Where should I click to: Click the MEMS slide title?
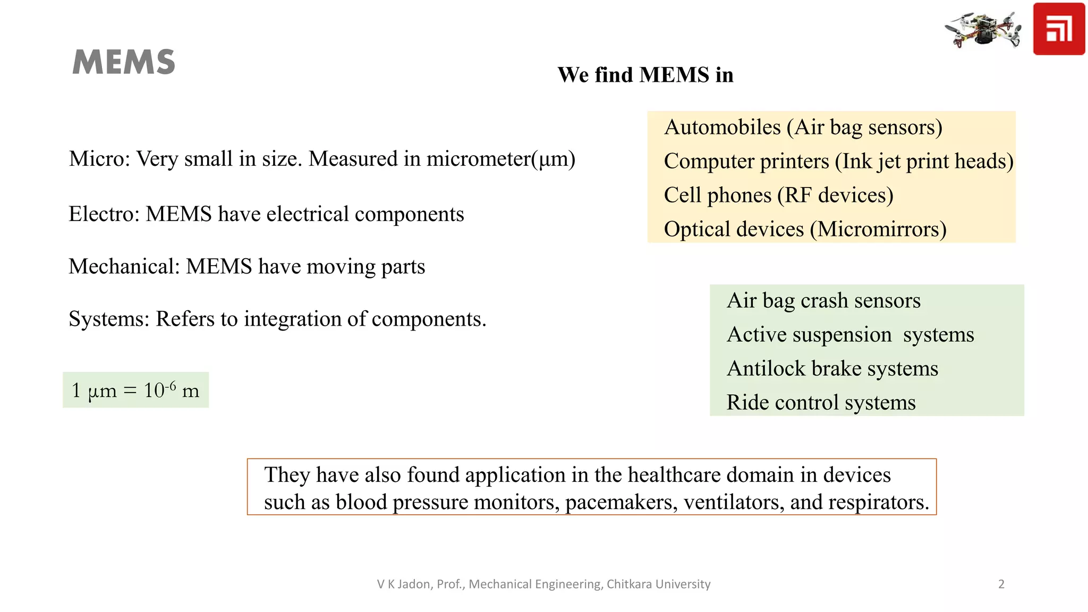point(123,62)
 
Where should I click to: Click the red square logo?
point(1058,29)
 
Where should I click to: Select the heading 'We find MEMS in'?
point(645,75)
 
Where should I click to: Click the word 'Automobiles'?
point(722,127)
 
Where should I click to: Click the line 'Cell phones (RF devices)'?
point(778,195)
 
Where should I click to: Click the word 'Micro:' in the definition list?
point(99,159)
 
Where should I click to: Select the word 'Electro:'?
point(104,214)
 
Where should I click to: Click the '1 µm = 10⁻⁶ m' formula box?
point(135,390)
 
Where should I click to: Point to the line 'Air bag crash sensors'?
point(823,301)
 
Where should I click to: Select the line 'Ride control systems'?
point(821,403)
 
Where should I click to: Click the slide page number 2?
point(1001,584)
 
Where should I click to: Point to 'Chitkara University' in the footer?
point(658,584)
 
